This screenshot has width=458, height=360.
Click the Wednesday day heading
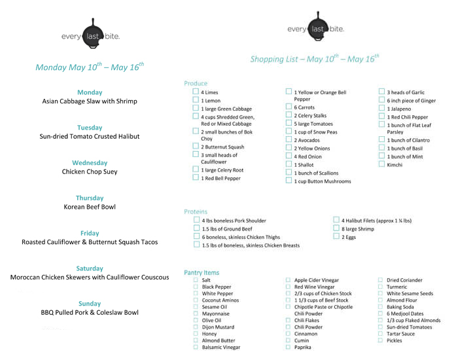90,163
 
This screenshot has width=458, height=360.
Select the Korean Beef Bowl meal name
90,207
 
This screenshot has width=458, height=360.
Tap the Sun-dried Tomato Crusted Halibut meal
90,137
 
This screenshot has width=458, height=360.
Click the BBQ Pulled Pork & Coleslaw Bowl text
90,313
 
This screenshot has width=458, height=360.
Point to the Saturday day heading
90,268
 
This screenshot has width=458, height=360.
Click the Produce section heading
196,84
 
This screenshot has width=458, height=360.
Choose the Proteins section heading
196,212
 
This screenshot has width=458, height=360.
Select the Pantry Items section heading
202,272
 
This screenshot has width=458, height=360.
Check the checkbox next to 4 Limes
196,92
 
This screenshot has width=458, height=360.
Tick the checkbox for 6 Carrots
289,107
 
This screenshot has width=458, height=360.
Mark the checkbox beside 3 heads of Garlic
381,92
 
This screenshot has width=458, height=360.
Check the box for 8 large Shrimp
336,229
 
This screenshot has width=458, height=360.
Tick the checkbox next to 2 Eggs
336,237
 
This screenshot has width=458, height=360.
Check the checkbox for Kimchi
381,164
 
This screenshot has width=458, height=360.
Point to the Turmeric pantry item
396,287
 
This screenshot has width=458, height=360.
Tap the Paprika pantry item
304,348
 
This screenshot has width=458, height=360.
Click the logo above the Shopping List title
316,28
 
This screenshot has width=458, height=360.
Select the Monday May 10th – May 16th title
90,67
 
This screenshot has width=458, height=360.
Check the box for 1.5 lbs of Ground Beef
196,228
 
